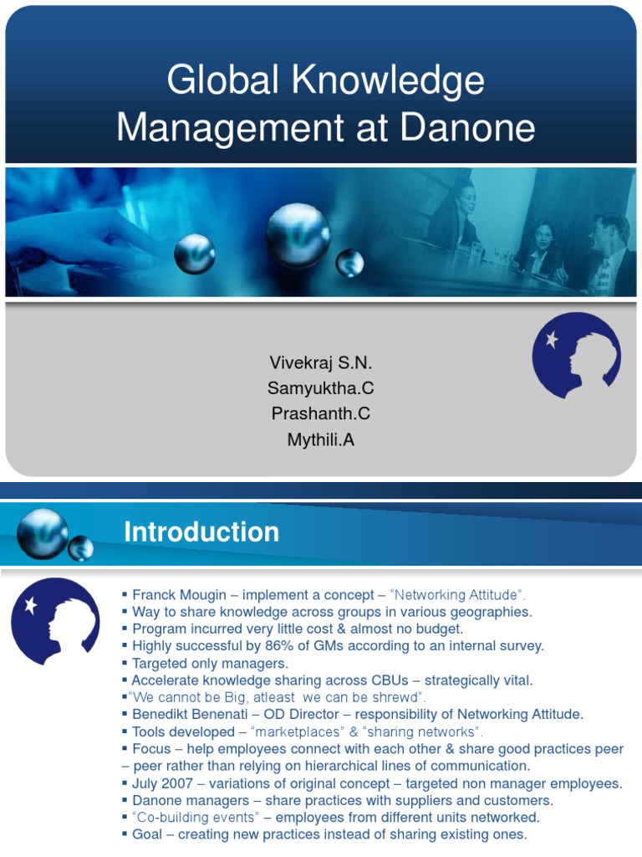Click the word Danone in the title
click(468, 128)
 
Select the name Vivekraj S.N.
click(321, 363)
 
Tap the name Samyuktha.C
click(321, 388)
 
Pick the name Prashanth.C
click(321, 413)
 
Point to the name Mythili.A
click(321, 439)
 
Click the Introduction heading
click(201, 532)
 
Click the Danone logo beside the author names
click(576, 356)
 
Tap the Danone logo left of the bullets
click(54, 620)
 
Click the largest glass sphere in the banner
click(298, 235)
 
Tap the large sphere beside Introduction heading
click(42, 533)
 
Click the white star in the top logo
click(552, 339)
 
